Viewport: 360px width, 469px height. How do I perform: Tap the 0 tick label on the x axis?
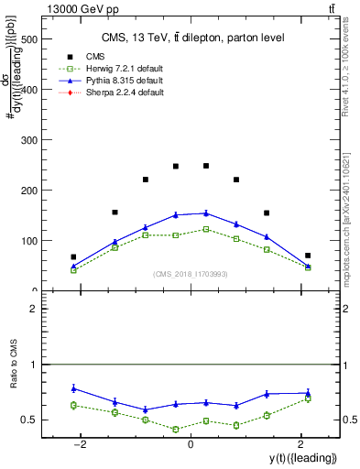pos(190,444)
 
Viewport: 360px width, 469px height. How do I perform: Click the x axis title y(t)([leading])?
pos(294,457)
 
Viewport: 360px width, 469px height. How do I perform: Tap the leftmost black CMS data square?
pos(73,257)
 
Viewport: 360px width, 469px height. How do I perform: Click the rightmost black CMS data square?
pos(308,256)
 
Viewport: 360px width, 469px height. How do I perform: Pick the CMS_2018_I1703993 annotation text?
pos(191,274)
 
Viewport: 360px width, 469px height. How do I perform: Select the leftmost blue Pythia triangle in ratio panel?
pos(73,388)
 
